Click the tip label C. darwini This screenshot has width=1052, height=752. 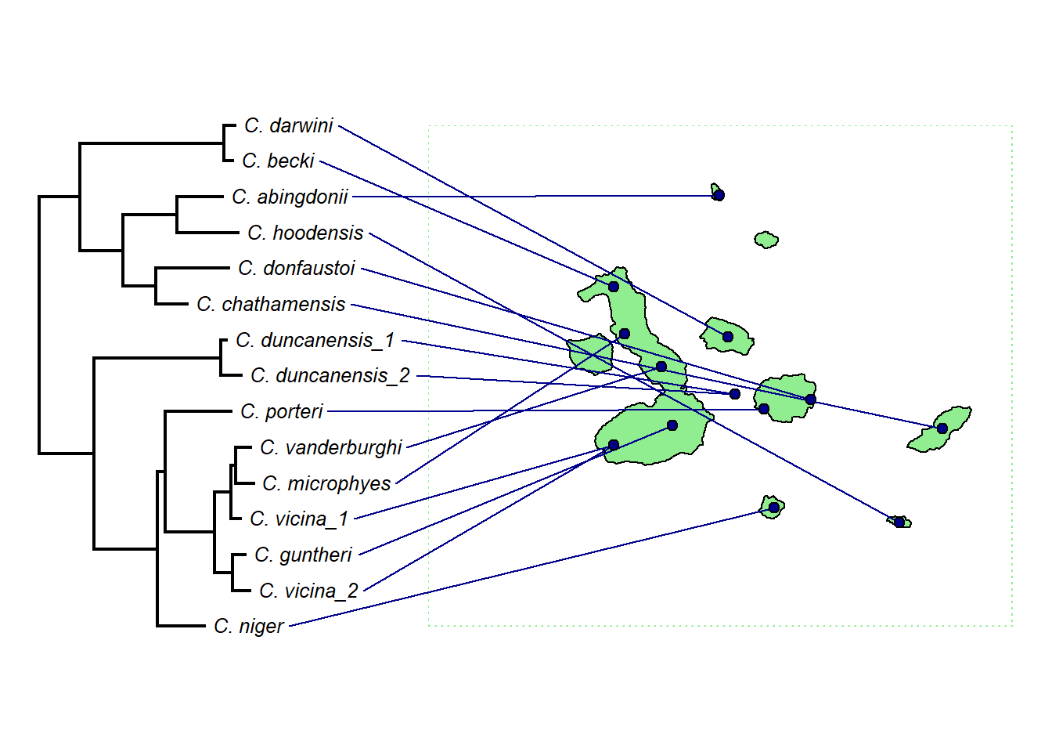tap(289, 125)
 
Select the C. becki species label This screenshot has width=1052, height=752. tap(278, 161)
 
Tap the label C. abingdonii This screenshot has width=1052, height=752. tap(290, 197)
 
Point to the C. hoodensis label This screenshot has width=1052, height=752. tap(305, 233)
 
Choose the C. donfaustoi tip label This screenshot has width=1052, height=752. tap(297, 268)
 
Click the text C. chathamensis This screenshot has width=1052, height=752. tap(271, 304)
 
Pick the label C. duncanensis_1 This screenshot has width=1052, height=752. tap(315, 340)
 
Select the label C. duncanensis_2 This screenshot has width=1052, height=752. tap(330, 375)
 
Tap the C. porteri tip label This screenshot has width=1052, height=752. tap(282, 411)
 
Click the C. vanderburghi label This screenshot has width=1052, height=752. tap(331, 447)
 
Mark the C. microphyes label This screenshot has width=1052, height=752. tap(326, 483)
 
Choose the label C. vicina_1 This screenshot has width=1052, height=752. tap(299, 519)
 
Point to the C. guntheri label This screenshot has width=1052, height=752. tap(304, 555)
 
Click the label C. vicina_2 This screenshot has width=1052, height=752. tap(308, 591)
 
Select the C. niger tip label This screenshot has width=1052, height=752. tap(249, 626)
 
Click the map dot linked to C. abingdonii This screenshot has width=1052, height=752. tap(719, 195)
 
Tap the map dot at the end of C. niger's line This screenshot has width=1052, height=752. tap(773, 508)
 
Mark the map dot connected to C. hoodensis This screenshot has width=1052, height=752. tap(899, 522)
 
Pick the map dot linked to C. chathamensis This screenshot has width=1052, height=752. tap(942, 428)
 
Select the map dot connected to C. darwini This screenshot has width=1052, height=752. tap(728, 337)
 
